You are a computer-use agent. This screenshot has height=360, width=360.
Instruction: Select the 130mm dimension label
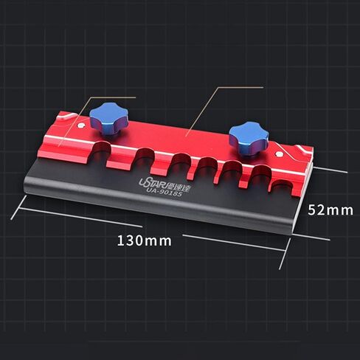tap(144, 240)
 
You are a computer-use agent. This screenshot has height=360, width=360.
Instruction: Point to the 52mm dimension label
tap(330, 210)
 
